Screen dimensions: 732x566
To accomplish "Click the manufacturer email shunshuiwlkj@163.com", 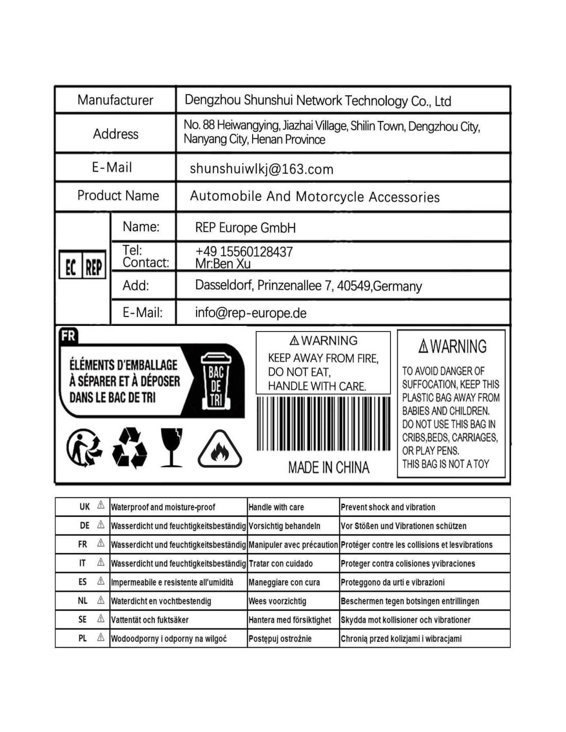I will [261, 169].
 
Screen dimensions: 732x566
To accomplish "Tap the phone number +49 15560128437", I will [244, 251].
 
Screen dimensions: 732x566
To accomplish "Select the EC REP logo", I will [82, 266].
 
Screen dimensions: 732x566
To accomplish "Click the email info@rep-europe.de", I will [251, 313].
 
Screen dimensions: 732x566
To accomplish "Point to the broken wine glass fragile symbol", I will [171, 447].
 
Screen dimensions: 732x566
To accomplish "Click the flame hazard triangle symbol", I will [220, 449].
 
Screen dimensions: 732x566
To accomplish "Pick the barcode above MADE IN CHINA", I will [323, 424].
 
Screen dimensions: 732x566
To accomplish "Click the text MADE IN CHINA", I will [329, 467].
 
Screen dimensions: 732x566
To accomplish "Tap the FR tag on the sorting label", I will [68, 336].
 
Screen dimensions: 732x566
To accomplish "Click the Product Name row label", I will [118, 196].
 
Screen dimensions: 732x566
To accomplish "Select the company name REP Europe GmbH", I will [245, 228].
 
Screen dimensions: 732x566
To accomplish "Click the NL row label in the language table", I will [83, 601].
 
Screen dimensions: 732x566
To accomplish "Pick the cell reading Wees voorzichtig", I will [277, 601].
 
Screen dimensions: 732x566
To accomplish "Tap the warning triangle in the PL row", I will [101, 638].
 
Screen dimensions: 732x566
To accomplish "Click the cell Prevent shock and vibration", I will [388, 507].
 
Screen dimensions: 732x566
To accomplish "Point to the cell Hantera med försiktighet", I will [290, 620].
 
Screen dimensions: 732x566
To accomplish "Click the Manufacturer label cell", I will [115, 100].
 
